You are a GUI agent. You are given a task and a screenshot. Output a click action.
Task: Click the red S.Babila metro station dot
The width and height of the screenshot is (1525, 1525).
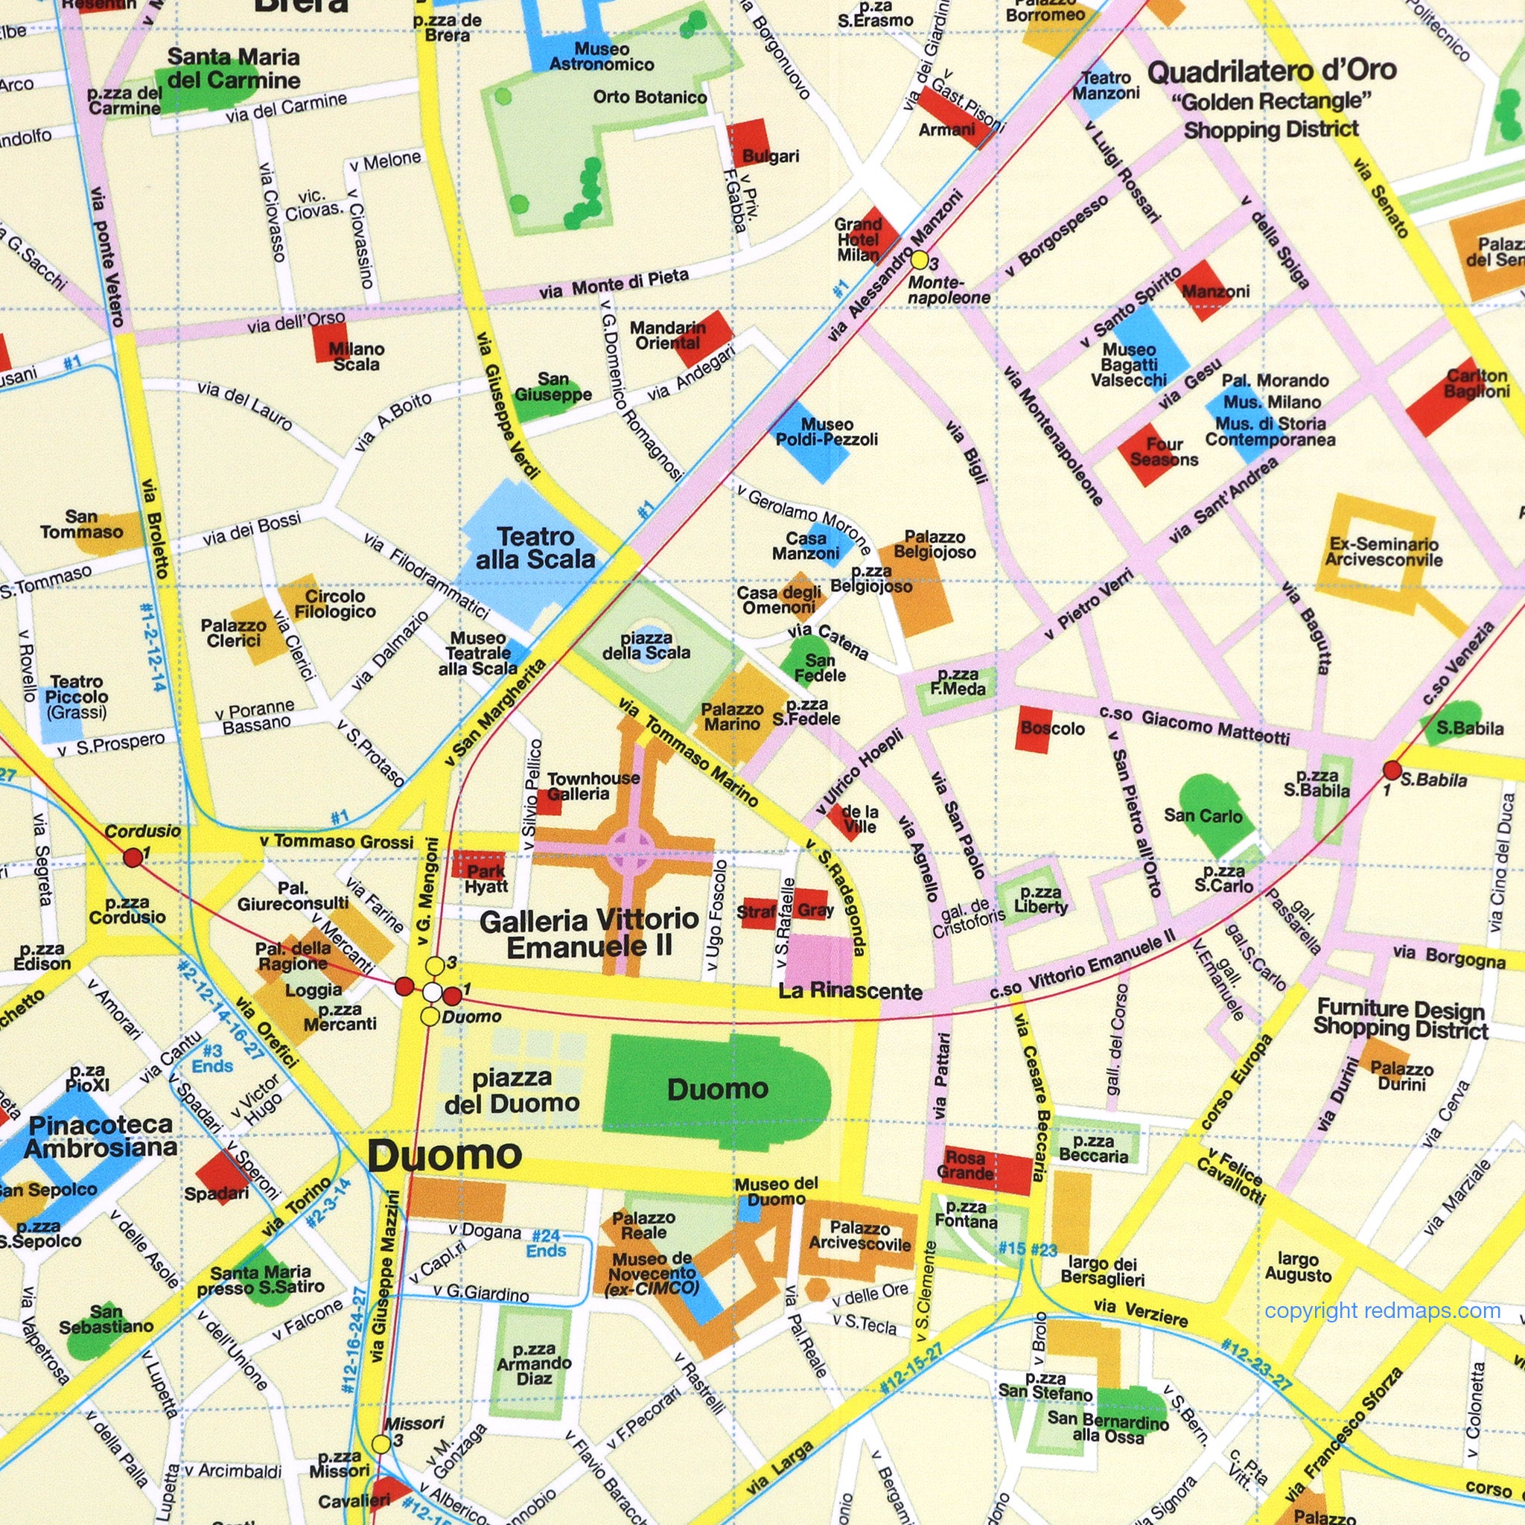pyautogui.click(x=1392, y=771)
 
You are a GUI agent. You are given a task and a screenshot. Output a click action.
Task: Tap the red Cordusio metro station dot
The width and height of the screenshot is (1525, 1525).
pyautogui.click(x=133, y=856)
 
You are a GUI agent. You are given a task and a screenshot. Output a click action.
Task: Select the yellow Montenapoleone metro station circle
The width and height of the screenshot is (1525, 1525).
pyautogui.click(x=920, y=260)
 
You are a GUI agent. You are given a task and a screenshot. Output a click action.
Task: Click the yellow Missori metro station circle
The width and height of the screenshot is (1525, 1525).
pyautogui.click(x=381, y=1444)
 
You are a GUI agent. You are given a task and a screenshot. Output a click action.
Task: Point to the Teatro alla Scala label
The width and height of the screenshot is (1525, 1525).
pyautogui.click(x=536, y=548)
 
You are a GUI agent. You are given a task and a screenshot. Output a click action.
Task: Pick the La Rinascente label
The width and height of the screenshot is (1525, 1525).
pyautogui.click(x=850, y=991)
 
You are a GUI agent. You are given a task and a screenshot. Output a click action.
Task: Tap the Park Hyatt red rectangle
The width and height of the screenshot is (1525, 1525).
pyautogui.click(x=479, y=865)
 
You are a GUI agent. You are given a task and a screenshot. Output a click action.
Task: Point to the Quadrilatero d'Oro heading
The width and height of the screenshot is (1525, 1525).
pyautogui.click(x=1272, y=71)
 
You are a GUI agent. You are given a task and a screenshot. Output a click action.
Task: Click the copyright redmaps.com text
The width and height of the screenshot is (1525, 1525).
pyautogui.click(x=1382, y=1311)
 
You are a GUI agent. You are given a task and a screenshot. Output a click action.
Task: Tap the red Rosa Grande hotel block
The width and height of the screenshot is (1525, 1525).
pyautogui.click(x=987, y=1169)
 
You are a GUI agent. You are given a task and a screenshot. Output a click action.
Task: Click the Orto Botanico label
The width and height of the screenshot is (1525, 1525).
pyautogui.click(x=649, y=97)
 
